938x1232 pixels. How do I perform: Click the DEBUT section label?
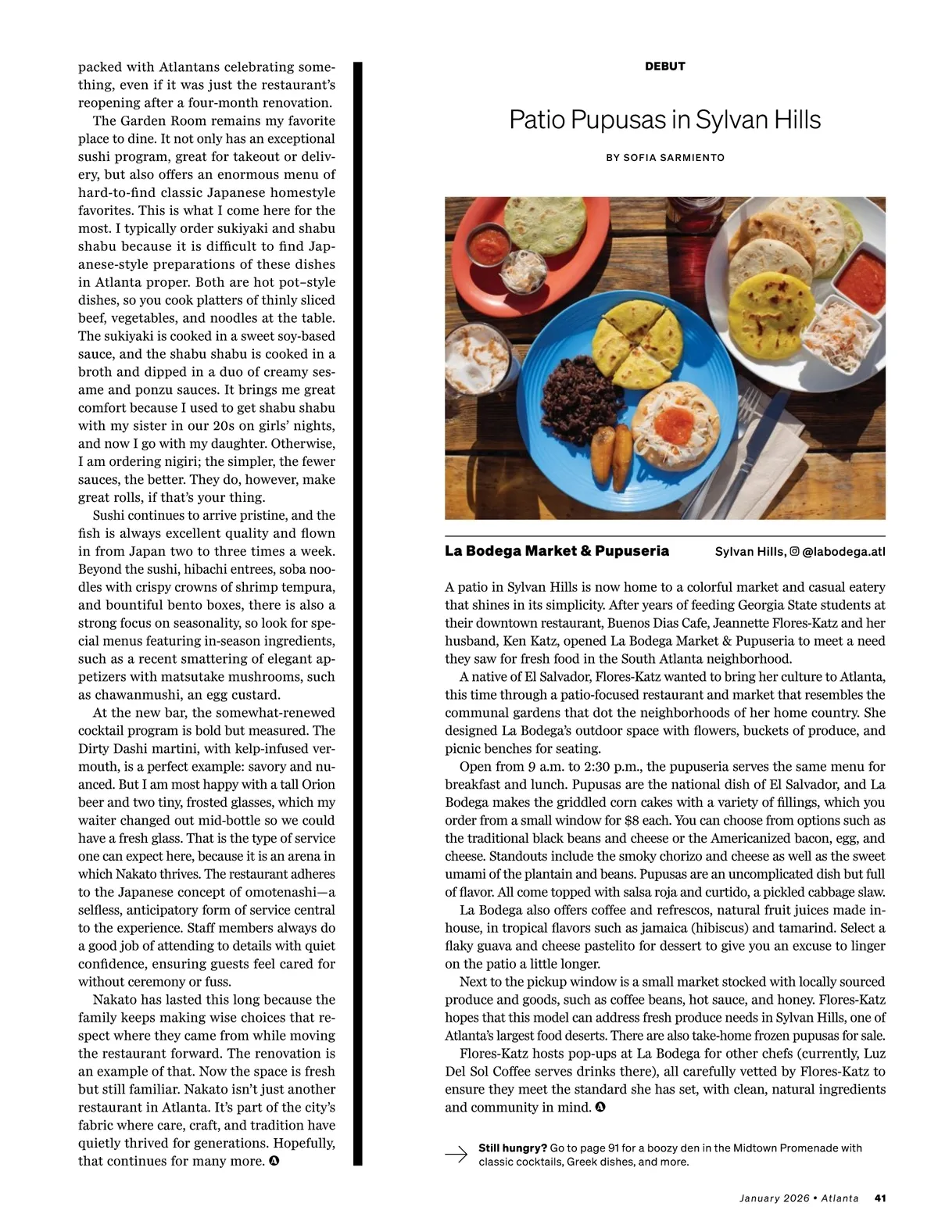point(665,66)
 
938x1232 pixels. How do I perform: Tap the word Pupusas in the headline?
point(618,120)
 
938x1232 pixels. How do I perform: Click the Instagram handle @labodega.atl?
point(843,552)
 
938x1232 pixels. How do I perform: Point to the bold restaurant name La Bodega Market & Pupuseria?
point(557,551)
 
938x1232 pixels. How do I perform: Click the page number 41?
point(879,1198)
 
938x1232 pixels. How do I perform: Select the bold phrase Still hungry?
point(513,1148)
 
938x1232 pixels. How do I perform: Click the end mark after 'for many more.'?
point(274,1161)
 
